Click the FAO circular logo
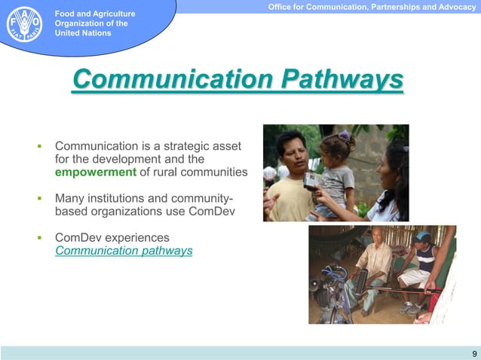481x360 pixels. pyautogui.click(x=24, y=24)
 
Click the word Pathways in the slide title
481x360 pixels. pyautogui.click(x=342, y=79)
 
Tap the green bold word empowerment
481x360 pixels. pyautogui.click(x=96, y=172)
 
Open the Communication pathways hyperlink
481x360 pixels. pyautogui.click(x=124, y=250)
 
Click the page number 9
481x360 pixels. pyautogui.click(x=473, y=353)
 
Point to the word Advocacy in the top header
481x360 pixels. pyautogui.click(x=455, y=7)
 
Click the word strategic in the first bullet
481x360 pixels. pyautogui.click(x=181, y=145)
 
